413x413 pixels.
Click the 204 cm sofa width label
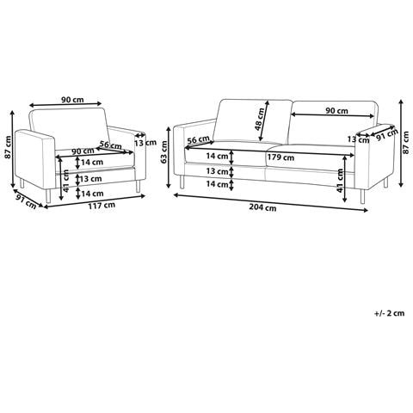pos(262,207)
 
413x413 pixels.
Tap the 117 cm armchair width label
pos(102,205)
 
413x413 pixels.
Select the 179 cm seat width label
pos(280,157)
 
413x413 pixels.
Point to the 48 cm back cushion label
pos(260,120)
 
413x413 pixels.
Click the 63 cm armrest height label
pos(164,152)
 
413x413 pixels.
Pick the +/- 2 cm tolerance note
pos(390,313)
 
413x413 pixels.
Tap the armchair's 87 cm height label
pos(8,147)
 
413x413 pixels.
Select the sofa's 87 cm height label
pos(405,143)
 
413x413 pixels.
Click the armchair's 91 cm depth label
pos(26,201)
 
